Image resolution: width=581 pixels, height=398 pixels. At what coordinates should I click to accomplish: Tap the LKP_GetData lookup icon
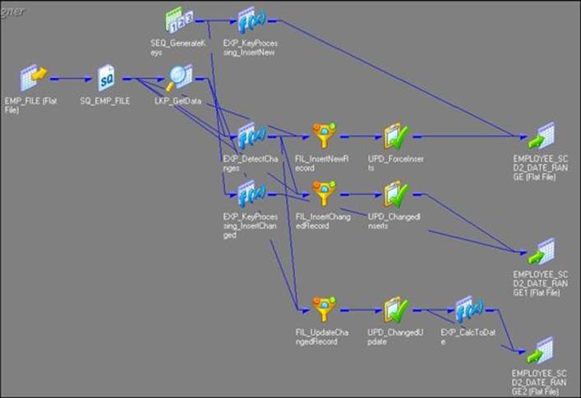click(178, 79)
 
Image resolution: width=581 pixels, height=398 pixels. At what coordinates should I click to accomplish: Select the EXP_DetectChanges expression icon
click(249, 135)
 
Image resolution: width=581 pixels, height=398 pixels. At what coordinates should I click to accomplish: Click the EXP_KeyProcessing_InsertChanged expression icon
click(249, 194)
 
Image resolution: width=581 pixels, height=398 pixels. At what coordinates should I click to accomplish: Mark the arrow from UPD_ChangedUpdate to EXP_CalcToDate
click(431, 310)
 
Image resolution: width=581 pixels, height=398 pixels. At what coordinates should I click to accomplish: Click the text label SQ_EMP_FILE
click(105, 103)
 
